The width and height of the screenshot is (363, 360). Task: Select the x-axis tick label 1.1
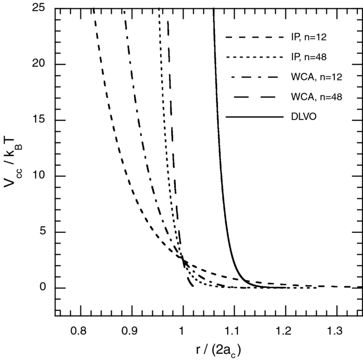pyautogui.click(x=233, y=330)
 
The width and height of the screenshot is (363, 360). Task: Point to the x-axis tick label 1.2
pyautogui.click(x=284, y=330)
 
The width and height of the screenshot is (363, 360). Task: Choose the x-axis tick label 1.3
pyautogui.click(x=336, y=330)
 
